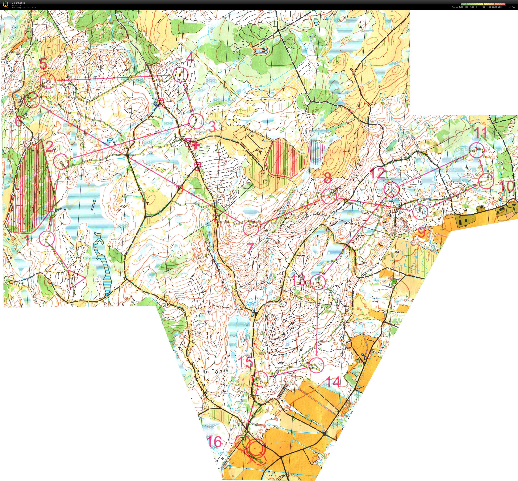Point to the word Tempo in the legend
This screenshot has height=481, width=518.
pos(455,7)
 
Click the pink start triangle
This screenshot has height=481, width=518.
pos(75,279)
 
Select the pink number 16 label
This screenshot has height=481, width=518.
pos(214,442)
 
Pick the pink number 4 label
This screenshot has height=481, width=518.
pos(190,58)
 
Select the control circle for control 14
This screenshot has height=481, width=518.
pos(317,365)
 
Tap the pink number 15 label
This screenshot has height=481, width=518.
pos(245,362)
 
